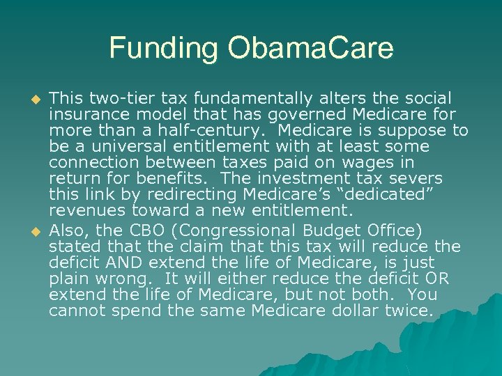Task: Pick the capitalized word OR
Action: [x=438, y=279]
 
